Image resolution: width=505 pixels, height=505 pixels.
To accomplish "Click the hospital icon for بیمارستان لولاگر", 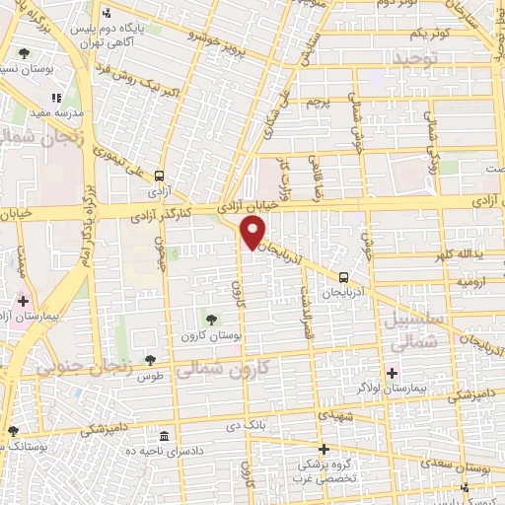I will click(x=393, y=373).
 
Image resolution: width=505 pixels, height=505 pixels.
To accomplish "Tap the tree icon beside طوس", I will click(x=150, y=361).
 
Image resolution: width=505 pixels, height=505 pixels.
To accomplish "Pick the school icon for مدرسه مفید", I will click(x=55, y=98).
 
